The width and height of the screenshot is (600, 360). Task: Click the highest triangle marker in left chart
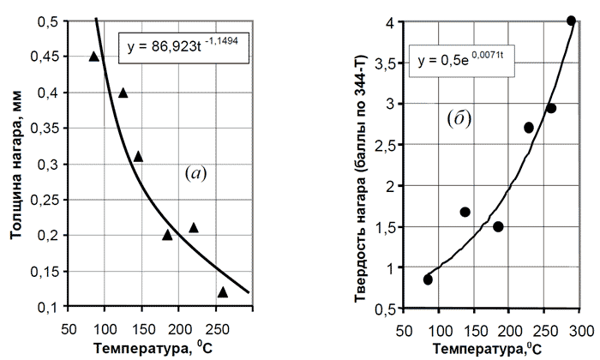(94, 57)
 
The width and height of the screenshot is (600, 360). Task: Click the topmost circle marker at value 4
(572, 21)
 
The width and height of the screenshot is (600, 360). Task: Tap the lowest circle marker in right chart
(428, 279)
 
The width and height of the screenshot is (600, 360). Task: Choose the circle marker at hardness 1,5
(498, 227)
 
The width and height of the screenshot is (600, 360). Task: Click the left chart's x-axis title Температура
(151, 347)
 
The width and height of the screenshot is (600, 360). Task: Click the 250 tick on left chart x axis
(217, 327)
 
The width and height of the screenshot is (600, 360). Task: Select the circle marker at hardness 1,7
(465, 212)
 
